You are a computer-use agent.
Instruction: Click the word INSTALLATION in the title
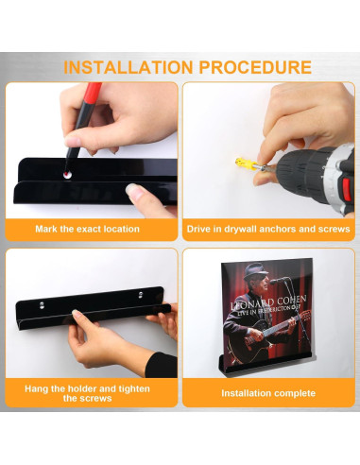(x=129, y=67)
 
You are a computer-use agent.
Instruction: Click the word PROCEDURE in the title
(x=255, y=67)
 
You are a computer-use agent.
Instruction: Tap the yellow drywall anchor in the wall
(x=244, y=164)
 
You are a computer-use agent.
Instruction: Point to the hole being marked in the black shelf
(x=67, y=175)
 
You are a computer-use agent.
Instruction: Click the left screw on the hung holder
(x=42, y=304)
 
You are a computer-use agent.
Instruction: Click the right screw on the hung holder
(x=141, y=295)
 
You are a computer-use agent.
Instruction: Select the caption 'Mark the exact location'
(x=87, y=229)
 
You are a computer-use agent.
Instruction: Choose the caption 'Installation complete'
(x=268, y=393)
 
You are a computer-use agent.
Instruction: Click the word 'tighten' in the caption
(x=134, y=388)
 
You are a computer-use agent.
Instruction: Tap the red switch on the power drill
(x=347, y=189)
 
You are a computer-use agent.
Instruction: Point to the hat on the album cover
(x=255, y=270)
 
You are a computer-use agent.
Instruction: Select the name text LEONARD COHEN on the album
(x=268, y=302)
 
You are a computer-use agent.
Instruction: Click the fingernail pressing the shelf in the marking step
(x=132, y=190)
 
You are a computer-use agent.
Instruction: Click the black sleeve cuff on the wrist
(x=162, y=365)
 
